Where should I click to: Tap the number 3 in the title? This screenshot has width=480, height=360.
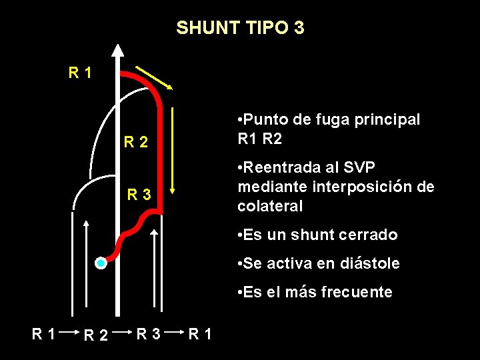pos(299,28)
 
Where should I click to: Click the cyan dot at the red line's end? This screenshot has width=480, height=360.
pos(100,263)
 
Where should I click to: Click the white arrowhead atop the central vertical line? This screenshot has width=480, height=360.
pos(118,51)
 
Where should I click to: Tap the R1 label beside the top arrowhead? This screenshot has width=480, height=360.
pos(81,71)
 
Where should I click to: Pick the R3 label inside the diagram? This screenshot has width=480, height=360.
pos(140,195)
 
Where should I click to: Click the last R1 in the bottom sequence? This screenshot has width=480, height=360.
pos(201,331)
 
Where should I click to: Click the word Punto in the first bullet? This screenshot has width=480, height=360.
pos(266,119)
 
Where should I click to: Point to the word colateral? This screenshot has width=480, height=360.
pos(270,207)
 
